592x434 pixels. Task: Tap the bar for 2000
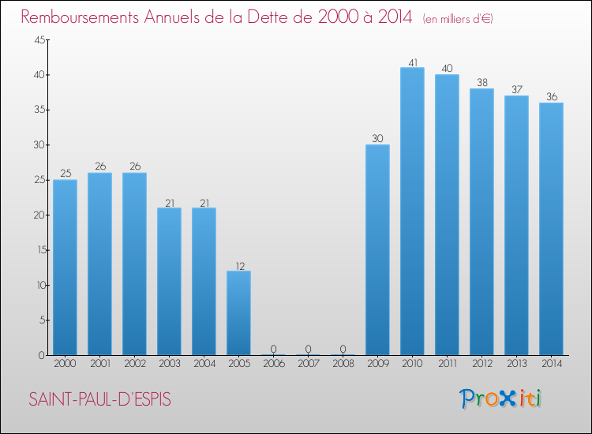65,268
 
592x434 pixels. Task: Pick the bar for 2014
551,229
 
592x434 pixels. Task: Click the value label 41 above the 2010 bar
412,61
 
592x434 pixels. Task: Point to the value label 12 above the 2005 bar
238,264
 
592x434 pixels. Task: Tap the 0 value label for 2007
308,348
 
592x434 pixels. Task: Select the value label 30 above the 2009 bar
377,138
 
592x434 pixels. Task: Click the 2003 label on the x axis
169,364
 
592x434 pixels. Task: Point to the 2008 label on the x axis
343,364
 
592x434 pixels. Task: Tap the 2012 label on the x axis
481,364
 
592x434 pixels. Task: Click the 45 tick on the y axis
37,40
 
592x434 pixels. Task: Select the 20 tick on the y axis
37,215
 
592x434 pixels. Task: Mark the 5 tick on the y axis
40,320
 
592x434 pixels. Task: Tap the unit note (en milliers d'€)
459,19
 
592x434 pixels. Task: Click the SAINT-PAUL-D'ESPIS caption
99,399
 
